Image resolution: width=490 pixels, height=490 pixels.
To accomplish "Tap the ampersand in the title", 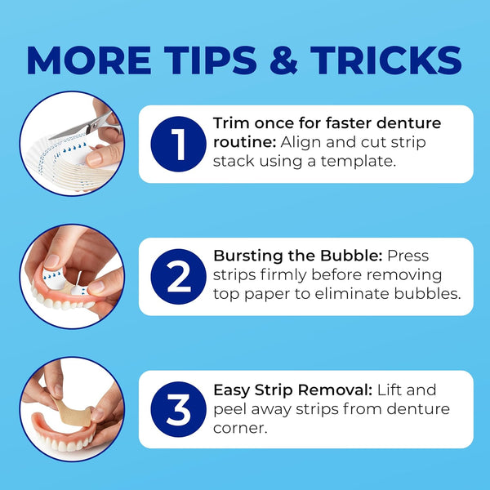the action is coord(283,60).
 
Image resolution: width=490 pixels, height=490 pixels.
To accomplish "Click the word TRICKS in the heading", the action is coord(386,60).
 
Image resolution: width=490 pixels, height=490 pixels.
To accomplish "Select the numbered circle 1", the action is coord(178,144).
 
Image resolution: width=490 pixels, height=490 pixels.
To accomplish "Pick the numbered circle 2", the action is coord(178,277).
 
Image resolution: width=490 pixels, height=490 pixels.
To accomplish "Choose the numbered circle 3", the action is coord(178,409).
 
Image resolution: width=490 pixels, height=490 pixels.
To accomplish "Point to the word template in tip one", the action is coord(359,162).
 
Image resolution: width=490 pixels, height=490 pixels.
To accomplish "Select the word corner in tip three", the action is coord(240,429).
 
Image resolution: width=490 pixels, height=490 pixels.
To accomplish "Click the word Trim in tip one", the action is coord(232,123).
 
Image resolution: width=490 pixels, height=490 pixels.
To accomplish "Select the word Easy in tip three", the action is coord(232,391).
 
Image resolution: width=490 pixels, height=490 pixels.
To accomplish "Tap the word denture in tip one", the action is coord(408,123).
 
